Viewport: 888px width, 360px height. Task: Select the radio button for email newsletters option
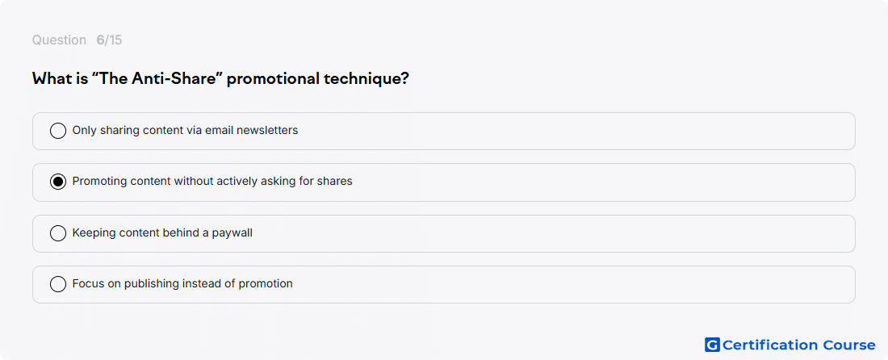pyautogui.click(x=58, y=131)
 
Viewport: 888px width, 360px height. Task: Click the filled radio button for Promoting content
pyautogui.click(x=58, y=182)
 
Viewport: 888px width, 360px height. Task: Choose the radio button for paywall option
pyautogui.click(x=58, y=233)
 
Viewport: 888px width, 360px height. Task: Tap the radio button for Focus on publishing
pyautogui.click(x=58, y=284)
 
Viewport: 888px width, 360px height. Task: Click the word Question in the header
pyautogui.click(x=59, y=40)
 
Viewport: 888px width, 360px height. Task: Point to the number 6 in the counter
pyautogui.click(x=100, y=40)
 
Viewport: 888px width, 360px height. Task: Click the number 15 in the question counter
pyautogui.click(x=115, y=40)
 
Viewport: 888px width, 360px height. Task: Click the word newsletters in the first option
pyautogui.click(x=267, y=131)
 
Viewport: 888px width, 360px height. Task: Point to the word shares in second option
pyautogui.click(x=336, y=182)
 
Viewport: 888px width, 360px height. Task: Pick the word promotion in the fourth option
pyautogui.click(x=266, y=284)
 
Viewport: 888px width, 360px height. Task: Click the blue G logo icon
pyautogui.click(x=712, y=345)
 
